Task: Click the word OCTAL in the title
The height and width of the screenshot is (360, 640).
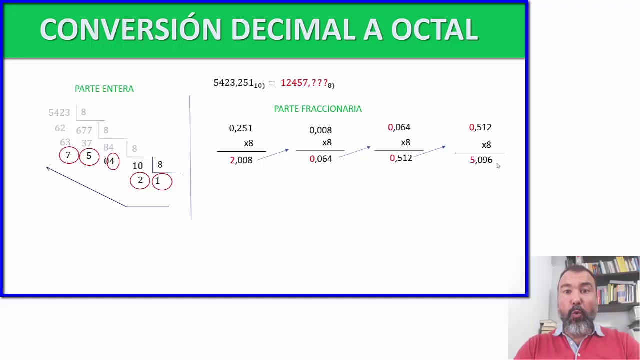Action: coord(434,29)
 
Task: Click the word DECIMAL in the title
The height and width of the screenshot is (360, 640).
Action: coord(294,29)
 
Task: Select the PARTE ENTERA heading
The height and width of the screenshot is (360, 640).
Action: coord(104,89)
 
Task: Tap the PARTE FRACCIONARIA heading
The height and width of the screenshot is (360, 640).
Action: coord(318,109)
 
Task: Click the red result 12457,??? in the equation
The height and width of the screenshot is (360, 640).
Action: coord(304,83)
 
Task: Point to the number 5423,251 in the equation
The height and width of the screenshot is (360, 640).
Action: coord(233,83)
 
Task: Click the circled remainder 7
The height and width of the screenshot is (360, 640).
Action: coord(69,155)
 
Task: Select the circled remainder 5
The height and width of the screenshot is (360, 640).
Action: coord(89,156)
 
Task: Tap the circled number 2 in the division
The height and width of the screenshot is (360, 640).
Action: coord(140,181)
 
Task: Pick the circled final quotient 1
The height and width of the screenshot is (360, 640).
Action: coord(162,181)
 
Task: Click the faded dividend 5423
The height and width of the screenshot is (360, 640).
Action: coord(59,113)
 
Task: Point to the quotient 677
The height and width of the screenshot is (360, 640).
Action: coord(84,130)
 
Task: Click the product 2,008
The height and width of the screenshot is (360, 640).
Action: coord(241,160)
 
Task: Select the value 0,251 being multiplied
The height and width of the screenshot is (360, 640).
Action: coord(241,128)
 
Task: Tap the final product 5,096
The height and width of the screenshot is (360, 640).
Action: coord(481,160)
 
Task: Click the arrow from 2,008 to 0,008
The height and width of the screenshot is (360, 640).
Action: coord(273,155)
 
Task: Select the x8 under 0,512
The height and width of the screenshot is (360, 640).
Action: coord(486,145)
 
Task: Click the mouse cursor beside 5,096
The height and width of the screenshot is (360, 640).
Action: coord(498,166)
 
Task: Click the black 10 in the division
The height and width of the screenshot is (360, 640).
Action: coord(137,166)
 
